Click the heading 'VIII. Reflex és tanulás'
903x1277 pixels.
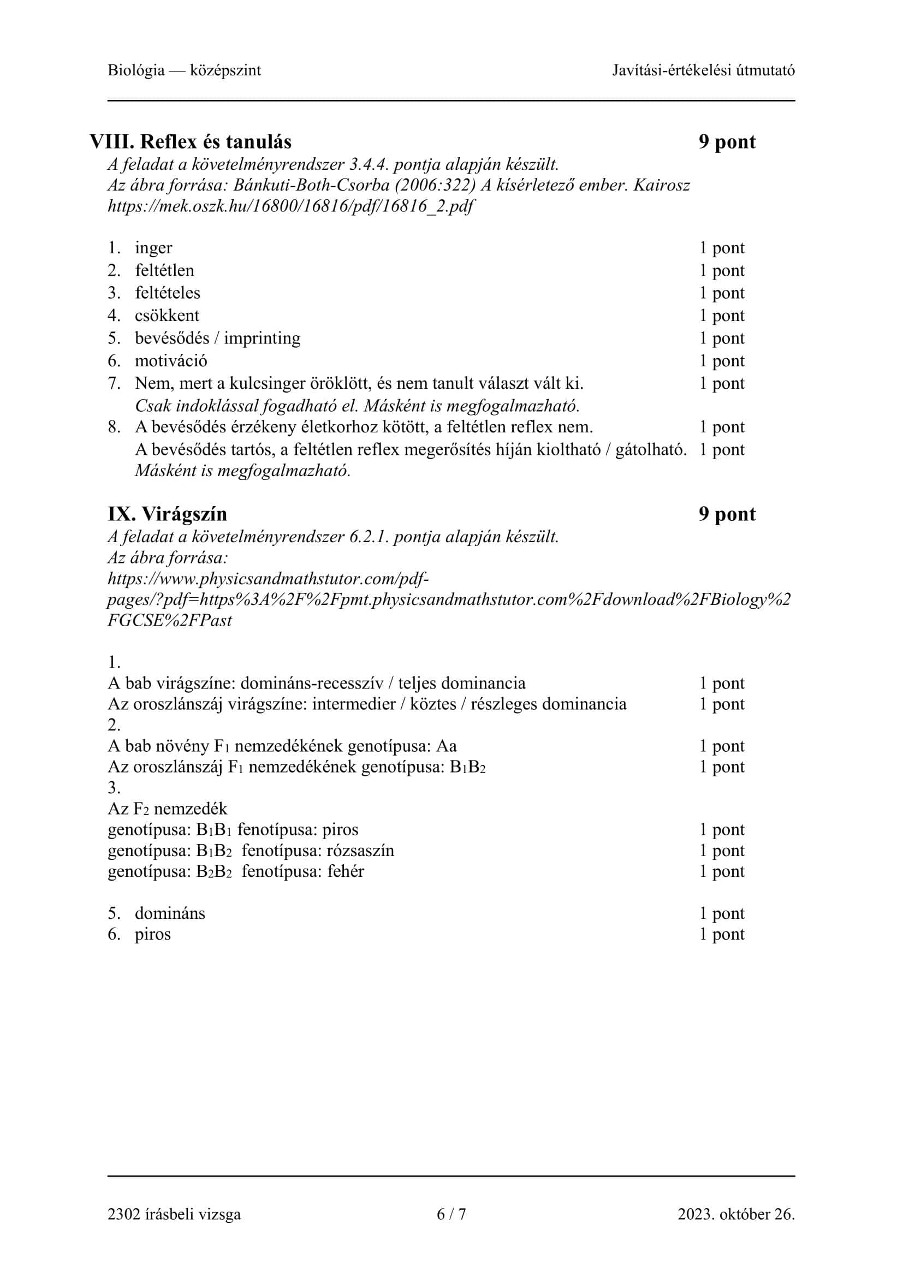(x=190, y=142)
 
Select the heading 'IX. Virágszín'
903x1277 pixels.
(x=168, y=514)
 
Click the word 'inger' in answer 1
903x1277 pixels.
(x=153, y=248)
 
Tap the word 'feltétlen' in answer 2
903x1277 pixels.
(x=164, y=271)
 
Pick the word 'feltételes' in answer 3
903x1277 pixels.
(x=168, y=293)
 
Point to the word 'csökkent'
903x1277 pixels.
(x=167, y=316)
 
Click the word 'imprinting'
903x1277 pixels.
(x=262, y=338)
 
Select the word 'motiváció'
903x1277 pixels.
(x=171, y=361)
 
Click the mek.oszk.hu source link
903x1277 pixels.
(x=290, y=207)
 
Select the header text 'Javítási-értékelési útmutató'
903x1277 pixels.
(x=703, y=70)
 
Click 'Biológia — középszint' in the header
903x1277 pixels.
(x=184, y=70)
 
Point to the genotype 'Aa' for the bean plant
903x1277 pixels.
(x=447, y=746)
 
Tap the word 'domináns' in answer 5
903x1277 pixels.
(x=170, y=913)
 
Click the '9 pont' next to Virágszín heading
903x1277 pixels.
(x=727, y=514)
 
